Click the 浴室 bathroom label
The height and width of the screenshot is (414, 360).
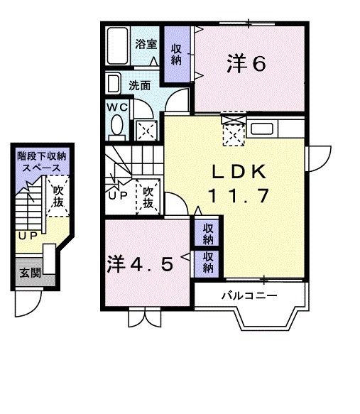coord(147,44)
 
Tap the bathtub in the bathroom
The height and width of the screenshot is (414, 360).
coord(119,47)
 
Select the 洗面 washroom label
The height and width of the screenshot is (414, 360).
coord(140,85)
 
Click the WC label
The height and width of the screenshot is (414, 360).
coord(116,107)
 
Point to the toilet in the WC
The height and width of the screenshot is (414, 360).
coord(117,127)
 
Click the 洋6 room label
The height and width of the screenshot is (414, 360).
coord(246,64)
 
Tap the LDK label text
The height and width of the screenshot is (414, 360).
coord(239,171)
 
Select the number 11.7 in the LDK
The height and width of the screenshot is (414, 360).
coord(239,195)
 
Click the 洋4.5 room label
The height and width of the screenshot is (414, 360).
coord(140,264)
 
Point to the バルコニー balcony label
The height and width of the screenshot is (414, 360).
coord(247,295)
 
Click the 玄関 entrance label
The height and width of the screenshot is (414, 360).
coord(29,273)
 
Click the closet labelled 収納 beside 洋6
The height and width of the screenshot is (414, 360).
coord(176,54)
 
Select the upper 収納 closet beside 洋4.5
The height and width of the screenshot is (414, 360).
coord(208,233)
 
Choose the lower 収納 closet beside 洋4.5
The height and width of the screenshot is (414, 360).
coord(208,262)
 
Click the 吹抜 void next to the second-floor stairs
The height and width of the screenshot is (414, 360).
coord(148,197)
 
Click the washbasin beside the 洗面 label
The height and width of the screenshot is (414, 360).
coord(114,85)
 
